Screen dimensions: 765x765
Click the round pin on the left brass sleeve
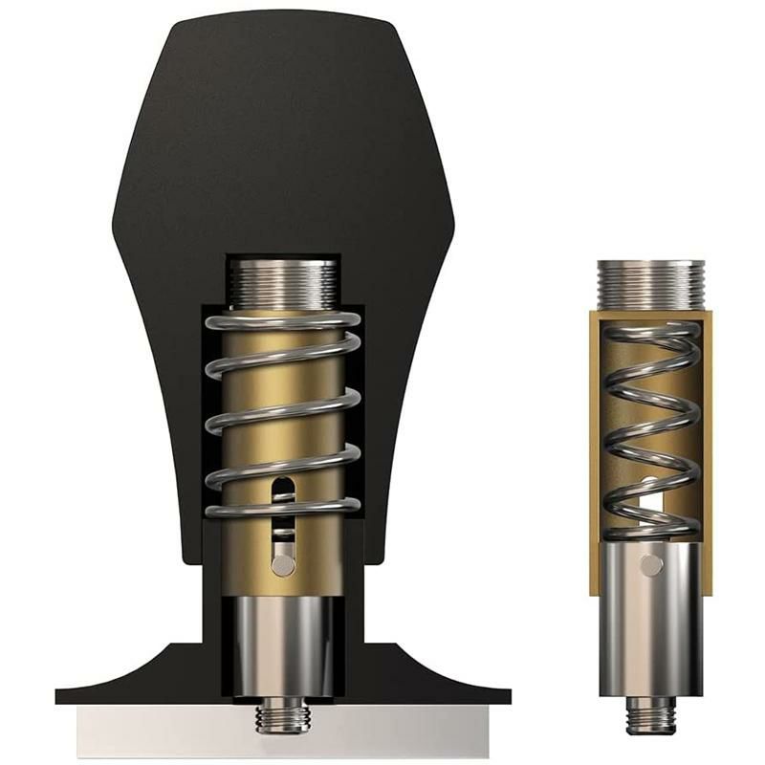click(x=282, y=565)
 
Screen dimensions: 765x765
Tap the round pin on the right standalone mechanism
click(x=651, y=565)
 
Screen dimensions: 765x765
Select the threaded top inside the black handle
click(x=282, y=282)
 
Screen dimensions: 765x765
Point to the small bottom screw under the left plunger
click(x=282, y=716)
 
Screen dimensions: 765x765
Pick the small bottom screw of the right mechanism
click(x=650, y=713)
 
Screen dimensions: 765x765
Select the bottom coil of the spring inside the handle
click(x=282, y=508)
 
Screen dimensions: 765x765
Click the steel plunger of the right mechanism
click(x=650, y=622)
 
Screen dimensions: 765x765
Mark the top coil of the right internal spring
click(x=650, y=331)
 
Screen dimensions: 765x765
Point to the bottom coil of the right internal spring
click(x=650, y=527)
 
